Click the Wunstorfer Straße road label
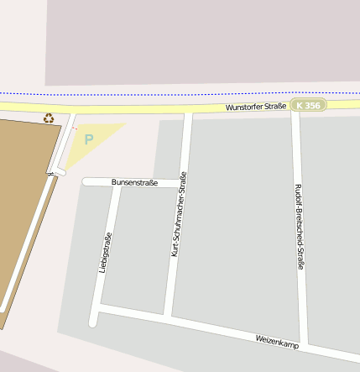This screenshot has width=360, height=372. coord(255,107)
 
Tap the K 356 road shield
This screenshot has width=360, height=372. coord(308,105)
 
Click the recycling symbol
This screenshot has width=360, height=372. coord(49,118)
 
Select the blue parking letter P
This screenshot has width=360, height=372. coord(89,139)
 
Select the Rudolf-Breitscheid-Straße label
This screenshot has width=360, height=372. coord(298,226)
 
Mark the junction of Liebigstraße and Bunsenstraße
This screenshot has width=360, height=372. coord(115,182)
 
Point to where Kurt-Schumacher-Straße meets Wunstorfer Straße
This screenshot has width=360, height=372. coord(188,111)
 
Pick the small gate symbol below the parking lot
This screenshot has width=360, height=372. coord(51,173)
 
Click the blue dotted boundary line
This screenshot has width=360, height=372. coord(168,92)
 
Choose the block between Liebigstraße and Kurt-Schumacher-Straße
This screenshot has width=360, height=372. coord(138,252)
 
